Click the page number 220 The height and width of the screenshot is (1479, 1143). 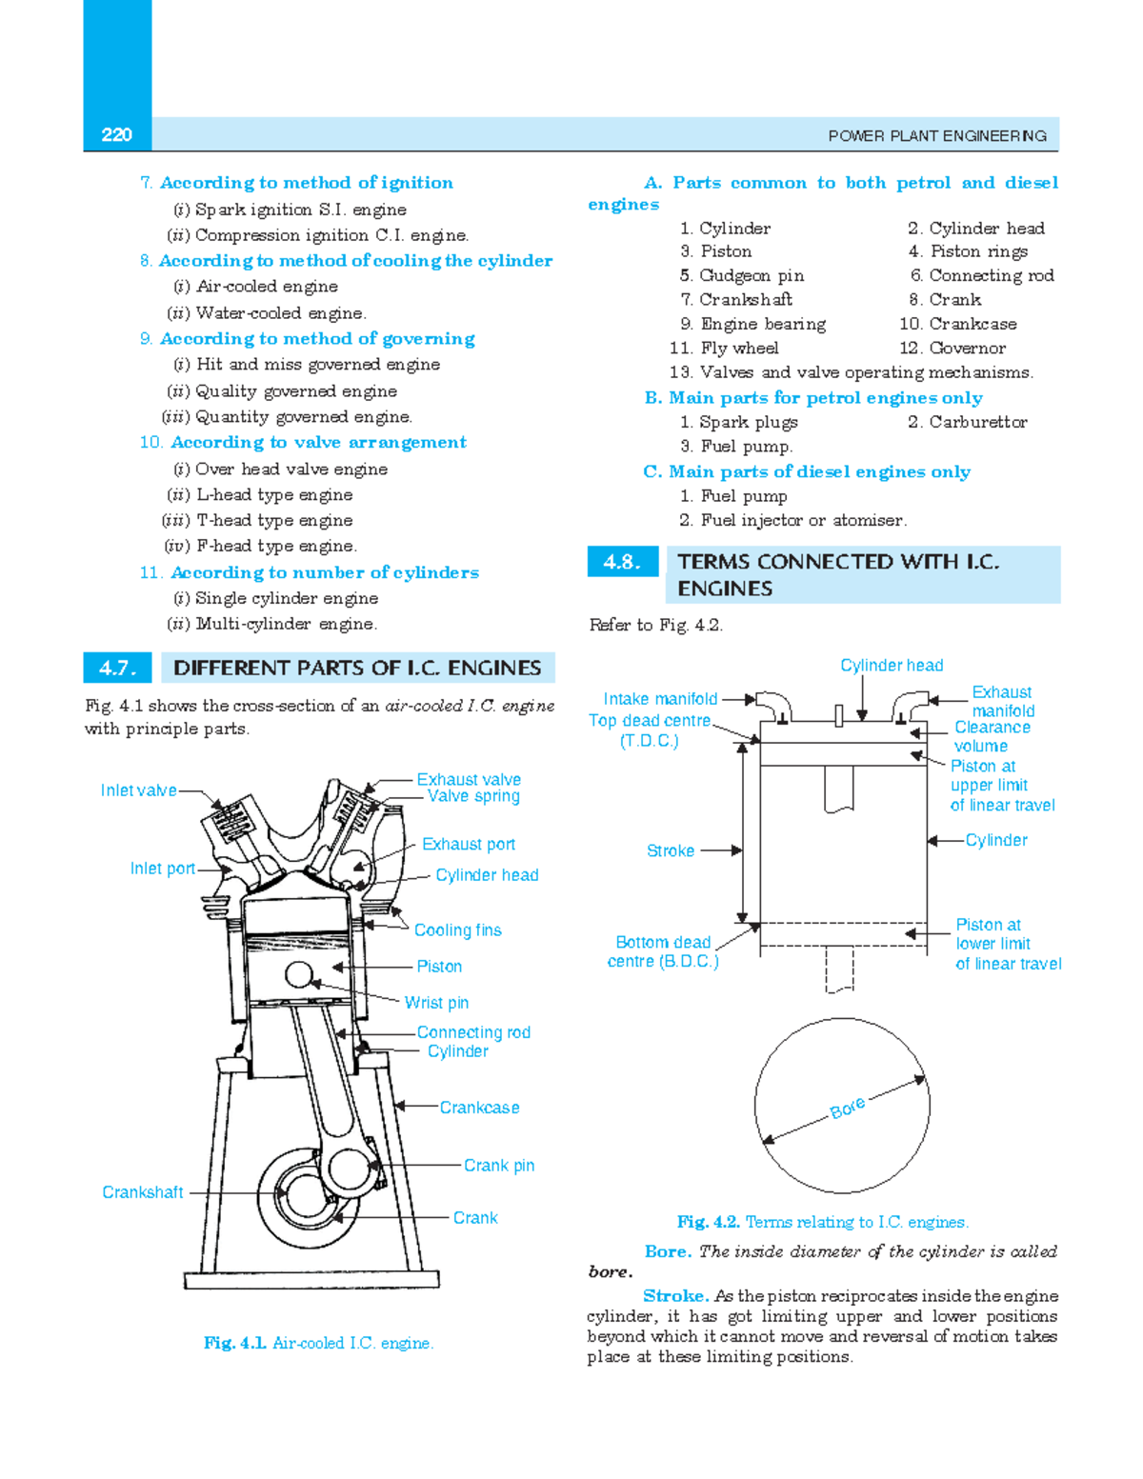116,135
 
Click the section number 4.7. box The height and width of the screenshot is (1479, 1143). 118,669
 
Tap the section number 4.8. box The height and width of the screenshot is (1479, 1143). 622,562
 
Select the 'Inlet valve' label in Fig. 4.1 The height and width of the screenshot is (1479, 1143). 138,790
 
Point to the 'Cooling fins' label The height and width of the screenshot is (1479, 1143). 457,930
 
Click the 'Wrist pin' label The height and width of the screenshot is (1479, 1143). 436,1003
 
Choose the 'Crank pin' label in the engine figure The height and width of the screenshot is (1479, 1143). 498,1166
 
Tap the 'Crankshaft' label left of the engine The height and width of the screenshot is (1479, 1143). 142,1192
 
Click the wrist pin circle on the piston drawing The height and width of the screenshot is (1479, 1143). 299,974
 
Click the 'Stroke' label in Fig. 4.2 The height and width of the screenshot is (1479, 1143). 670,851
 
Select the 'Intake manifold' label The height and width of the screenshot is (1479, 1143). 660,699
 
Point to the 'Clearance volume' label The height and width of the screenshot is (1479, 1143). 992,737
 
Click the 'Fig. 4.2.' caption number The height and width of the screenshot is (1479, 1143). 708,1222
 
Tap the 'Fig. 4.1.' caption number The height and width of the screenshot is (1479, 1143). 234,1343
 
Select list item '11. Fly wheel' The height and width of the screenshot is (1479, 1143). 724,349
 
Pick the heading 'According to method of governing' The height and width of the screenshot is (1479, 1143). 316,339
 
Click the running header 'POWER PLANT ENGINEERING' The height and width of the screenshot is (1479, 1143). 936,136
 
